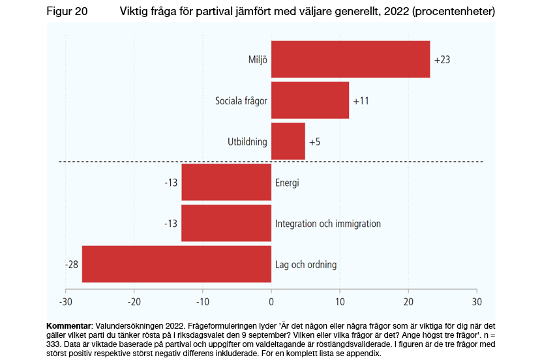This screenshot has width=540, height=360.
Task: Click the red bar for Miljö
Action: (x=350, y=59)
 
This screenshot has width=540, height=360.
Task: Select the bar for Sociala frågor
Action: (x=310, y=100)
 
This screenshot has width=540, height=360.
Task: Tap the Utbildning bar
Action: (x=288, y=141)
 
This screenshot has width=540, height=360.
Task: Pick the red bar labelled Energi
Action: (x=226, y=182)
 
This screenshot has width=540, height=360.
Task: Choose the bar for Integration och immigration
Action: (x=226, y=223)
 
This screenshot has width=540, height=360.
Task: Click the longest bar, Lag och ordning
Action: (x=176, y=264)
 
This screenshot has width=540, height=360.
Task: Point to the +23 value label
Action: (x=442, y=60)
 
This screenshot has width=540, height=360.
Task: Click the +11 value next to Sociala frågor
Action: (x=361, y=101)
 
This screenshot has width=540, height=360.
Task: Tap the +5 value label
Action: (x=314, y=142)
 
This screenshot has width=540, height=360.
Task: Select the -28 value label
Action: (x=72, y=264)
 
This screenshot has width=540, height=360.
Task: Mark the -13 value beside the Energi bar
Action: (x=171, y=183)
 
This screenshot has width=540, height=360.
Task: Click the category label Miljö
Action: (x=257, y=60)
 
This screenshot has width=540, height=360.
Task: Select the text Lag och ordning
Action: (x=306, y=265)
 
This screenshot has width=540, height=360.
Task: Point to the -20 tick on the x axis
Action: (x=134, y=302)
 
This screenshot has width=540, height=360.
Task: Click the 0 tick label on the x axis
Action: (x=271, y=302)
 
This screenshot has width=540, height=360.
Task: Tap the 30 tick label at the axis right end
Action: (x=477, y=302)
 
